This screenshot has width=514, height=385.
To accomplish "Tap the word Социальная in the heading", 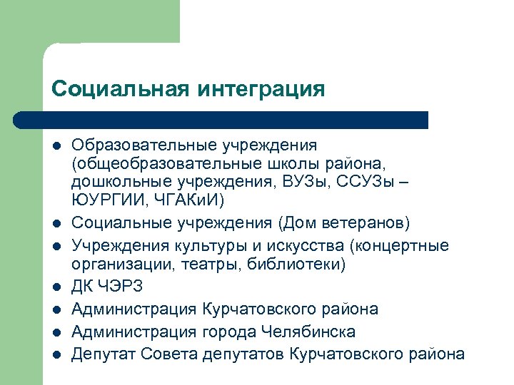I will tap(119, 89).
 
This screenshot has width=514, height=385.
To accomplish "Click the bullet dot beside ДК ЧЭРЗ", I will tap(56, 288).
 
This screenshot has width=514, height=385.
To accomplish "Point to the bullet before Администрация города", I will tap(56, 332).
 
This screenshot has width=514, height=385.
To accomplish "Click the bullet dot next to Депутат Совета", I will tap(56, 355).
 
